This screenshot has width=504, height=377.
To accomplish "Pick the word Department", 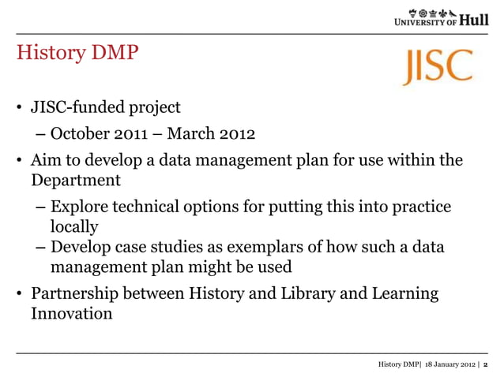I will (76, 180).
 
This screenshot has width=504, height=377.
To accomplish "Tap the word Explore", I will (80, 207).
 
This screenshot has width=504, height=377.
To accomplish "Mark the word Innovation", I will (71, 313).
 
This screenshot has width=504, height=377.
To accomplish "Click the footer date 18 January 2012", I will (448, 364).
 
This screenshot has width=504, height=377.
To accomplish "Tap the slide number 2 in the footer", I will (485, 364).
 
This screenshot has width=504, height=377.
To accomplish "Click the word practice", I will (421, 207).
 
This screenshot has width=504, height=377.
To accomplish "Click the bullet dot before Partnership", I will (20, 294).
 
